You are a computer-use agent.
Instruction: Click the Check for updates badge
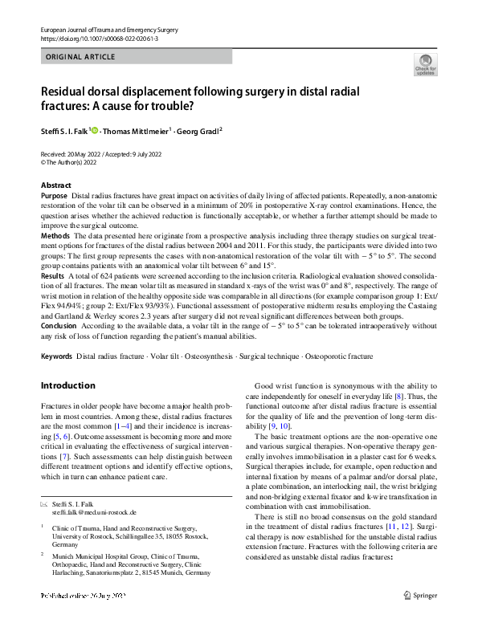click(425, 65)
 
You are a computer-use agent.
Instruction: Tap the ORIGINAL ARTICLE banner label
click(81, 57)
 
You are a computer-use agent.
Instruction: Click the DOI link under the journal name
click(99, 39)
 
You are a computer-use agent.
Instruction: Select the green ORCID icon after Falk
click(94, 130)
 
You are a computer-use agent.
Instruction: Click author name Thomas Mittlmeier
click(136, 131)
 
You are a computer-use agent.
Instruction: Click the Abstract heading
click(55, 185)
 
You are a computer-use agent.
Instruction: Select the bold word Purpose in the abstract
click(54, 196)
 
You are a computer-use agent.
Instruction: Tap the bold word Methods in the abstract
click(55, 236)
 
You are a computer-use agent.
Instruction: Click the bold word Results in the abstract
click(52, 275)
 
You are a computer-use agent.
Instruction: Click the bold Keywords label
click(56, 356)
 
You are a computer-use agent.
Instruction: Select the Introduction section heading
click(67, 385)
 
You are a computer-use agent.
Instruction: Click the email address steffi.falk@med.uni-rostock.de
click(94, 511)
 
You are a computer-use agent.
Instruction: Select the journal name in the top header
click(106, 30)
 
